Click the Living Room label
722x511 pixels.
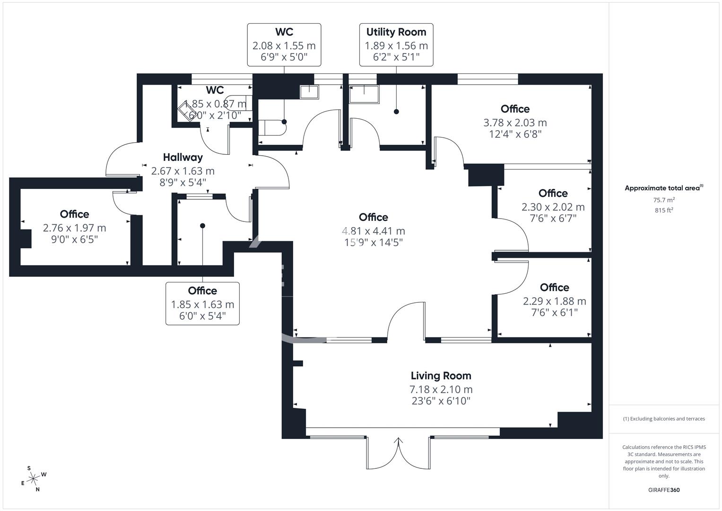[441, 376]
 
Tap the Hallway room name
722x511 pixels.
[183, 158]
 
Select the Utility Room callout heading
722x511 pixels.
[396, 32]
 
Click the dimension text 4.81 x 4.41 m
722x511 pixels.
[373, 231]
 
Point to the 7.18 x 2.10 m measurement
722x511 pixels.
[441, 389]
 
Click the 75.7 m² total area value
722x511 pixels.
[664, 200]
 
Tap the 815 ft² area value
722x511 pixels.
[664, 211]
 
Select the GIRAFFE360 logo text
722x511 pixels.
[664, 490]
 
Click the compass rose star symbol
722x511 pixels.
[33, 479]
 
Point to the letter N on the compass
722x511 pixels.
[38, 489]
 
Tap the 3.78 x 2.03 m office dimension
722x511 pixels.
[515, 123]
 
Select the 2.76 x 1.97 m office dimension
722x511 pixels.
[74, 228]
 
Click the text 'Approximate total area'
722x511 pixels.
[662, 188]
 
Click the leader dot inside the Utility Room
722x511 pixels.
[396, 112]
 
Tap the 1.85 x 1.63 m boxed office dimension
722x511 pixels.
[202, 304]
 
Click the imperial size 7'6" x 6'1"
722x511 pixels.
[555, 312]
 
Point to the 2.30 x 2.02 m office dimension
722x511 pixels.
[553, 207]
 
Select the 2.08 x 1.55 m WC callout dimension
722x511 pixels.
[284, 46]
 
